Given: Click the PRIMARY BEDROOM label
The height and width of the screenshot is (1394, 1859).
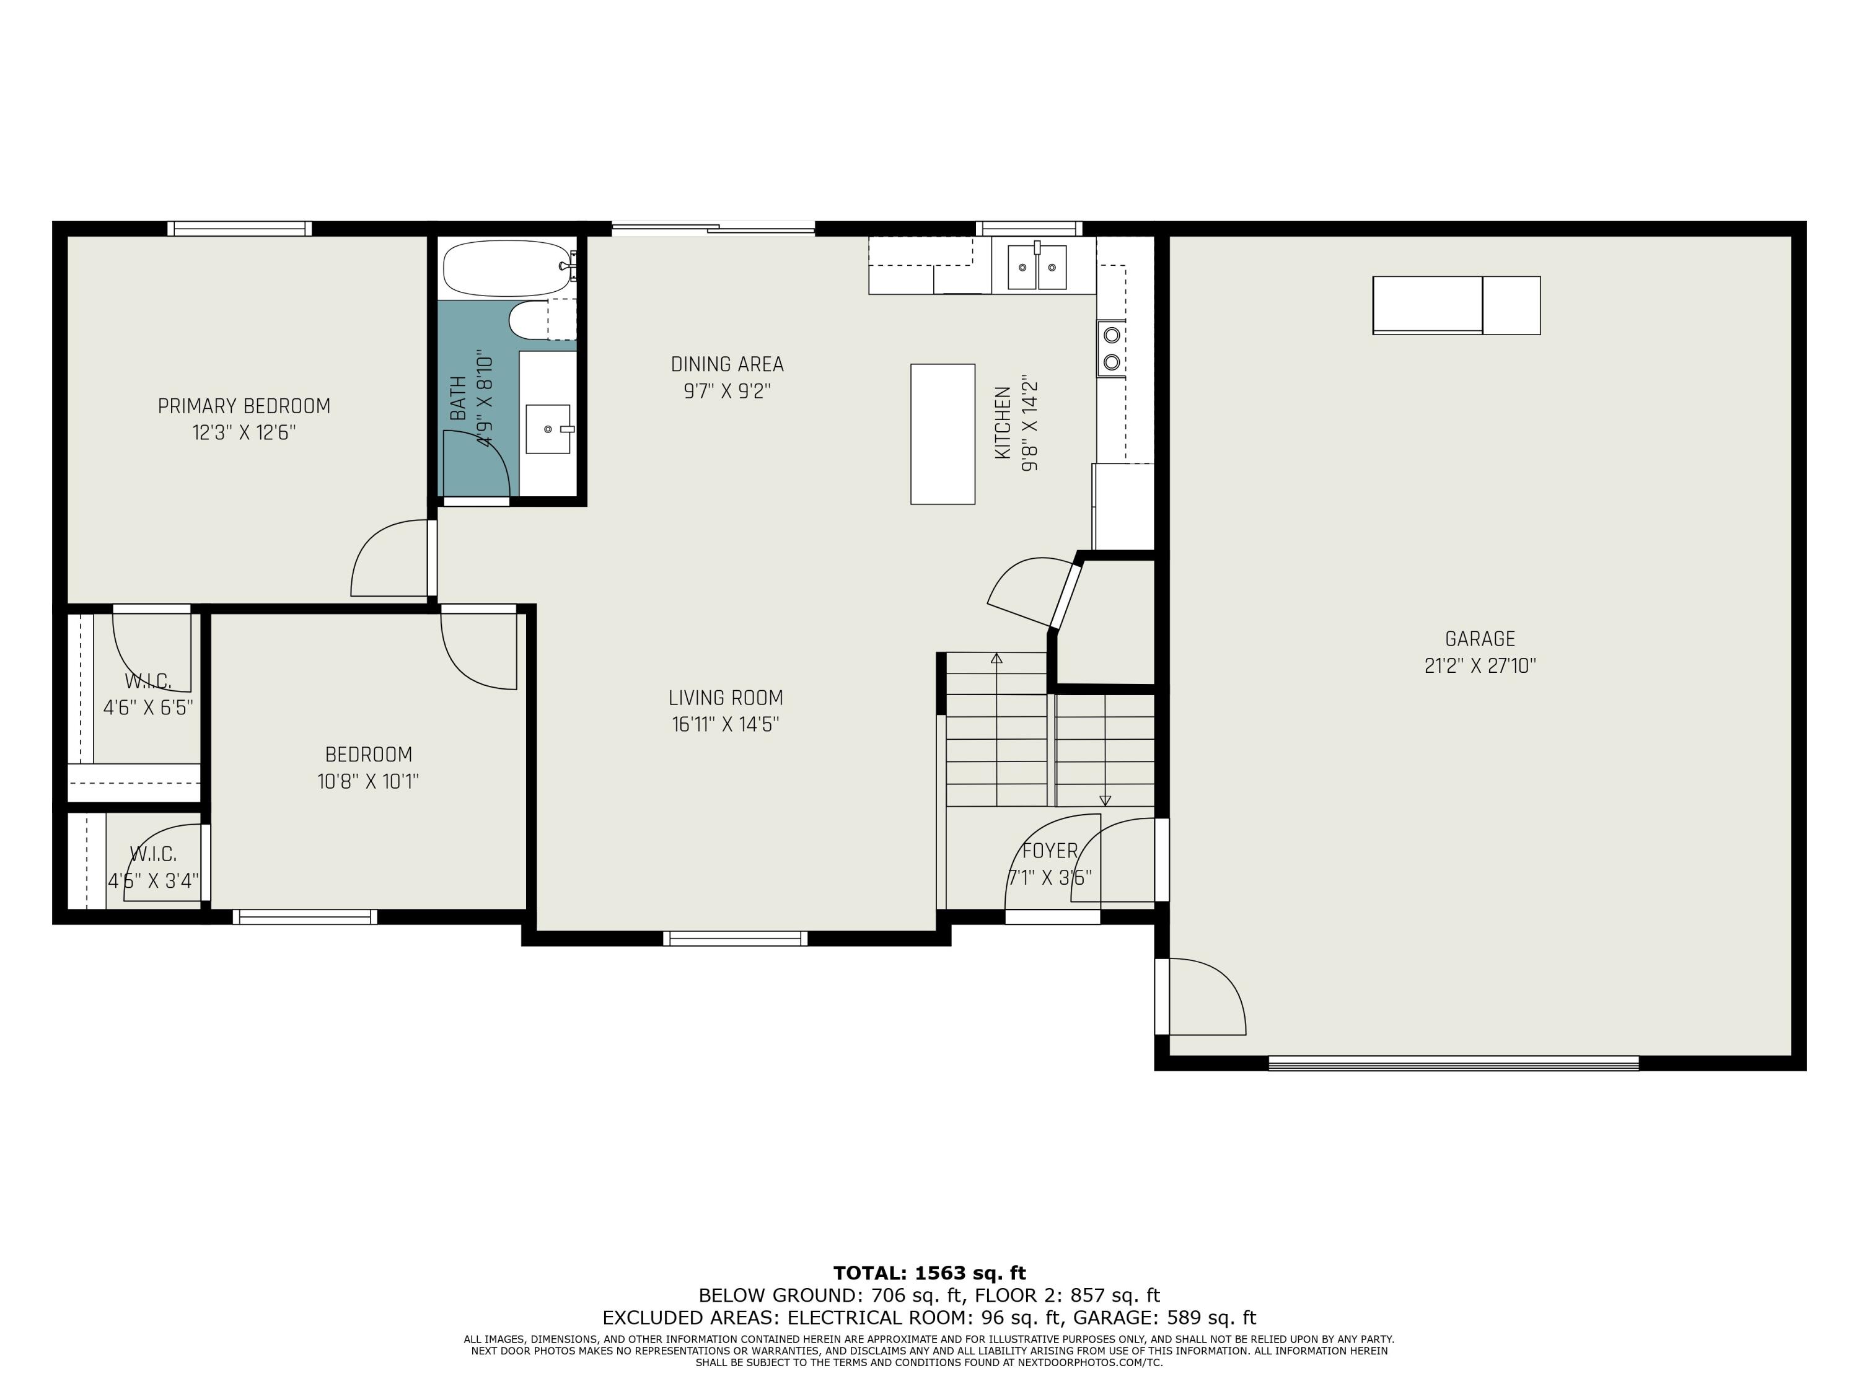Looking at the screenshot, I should point(244,406).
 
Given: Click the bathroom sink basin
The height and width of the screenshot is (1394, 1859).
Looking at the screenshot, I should point(548,429).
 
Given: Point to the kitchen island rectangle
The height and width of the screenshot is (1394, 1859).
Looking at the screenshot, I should point(942,434).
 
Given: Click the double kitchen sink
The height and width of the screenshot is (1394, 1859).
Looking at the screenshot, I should point(1037,267).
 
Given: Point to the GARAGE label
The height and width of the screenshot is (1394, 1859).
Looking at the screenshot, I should point(1480,639).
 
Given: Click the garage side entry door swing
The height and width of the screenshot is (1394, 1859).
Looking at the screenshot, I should point(1205,997).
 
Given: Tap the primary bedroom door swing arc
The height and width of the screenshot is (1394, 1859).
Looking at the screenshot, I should point(386,559).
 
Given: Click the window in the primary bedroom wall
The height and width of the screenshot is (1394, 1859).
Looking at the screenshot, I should point(240,229).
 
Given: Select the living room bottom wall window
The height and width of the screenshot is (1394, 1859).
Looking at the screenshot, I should point(736,938).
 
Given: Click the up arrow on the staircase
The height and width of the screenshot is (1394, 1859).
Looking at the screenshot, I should point(996,658).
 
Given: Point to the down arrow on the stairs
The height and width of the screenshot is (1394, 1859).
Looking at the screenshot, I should point(1105,800).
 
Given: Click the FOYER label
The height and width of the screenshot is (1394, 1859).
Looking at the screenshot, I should point(1050,851).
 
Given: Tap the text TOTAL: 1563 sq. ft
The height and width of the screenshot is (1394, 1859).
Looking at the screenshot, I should point(929,1273).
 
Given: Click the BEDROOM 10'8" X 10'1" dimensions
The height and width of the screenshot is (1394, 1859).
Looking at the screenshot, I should point(368,781).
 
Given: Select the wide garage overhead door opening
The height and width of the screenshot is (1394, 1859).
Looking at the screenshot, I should point(1453,1063).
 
